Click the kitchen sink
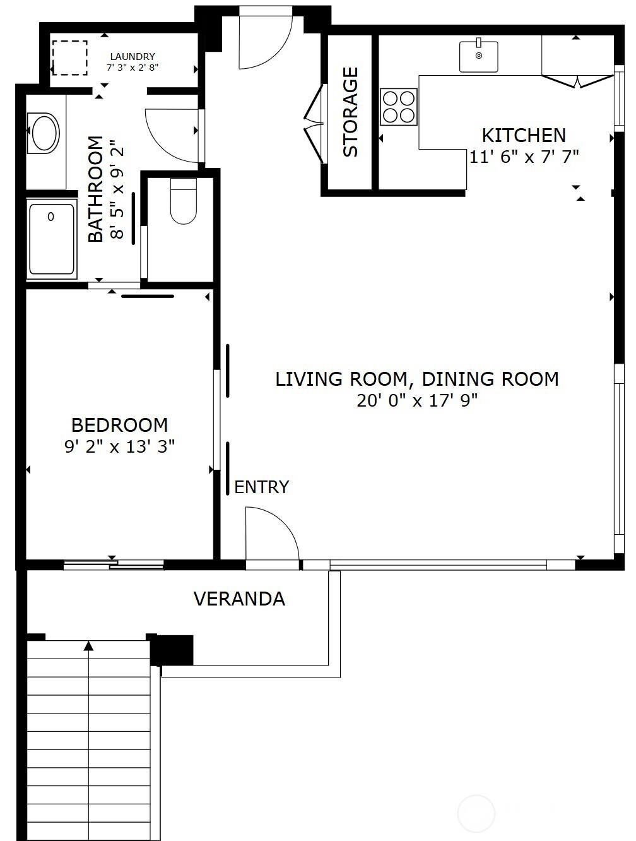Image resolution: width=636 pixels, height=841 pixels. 478,56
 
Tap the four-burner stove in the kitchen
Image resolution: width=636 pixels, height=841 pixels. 399,107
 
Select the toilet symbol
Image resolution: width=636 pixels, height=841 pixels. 184,202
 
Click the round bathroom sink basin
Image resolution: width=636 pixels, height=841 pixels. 44,133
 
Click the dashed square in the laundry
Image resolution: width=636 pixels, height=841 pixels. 69,57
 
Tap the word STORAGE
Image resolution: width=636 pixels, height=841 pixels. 350,112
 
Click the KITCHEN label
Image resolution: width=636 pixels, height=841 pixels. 524,135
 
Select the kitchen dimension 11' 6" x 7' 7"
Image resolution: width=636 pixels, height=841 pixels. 524,157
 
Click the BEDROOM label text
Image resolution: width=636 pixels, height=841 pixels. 119,425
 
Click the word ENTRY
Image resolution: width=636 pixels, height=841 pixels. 261,487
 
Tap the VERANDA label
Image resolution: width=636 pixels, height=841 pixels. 239,599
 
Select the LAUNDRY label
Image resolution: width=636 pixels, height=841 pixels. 132,57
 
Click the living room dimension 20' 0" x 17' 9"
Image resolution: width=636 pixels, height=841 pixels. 417,400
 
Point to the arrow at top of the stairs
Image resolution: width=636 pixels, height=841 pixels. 88,646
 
